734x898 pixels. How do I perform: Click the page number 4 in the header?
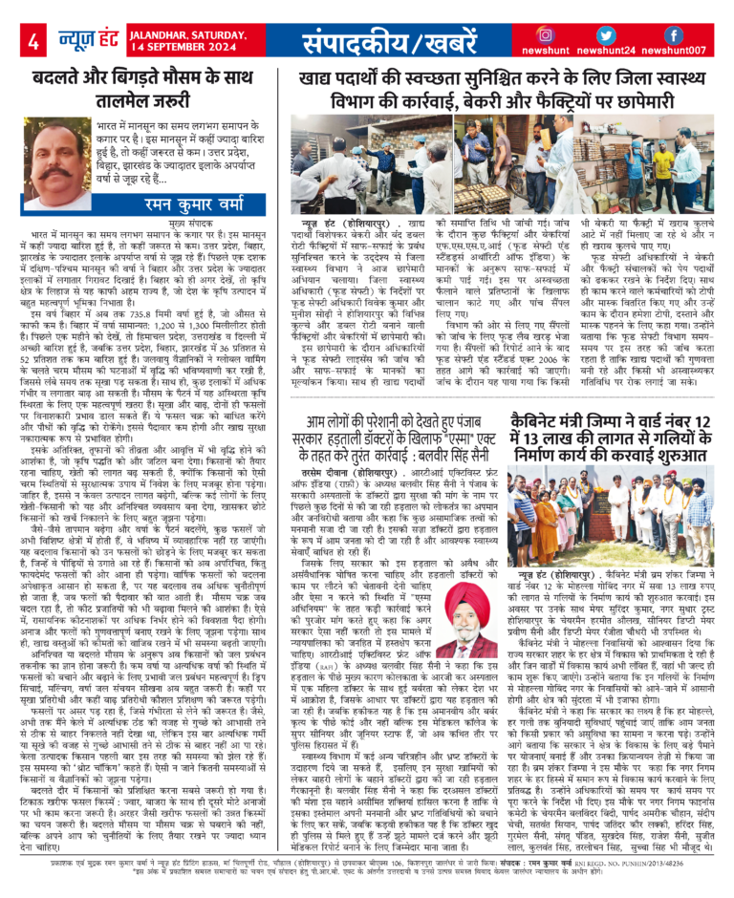[33, 42]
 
